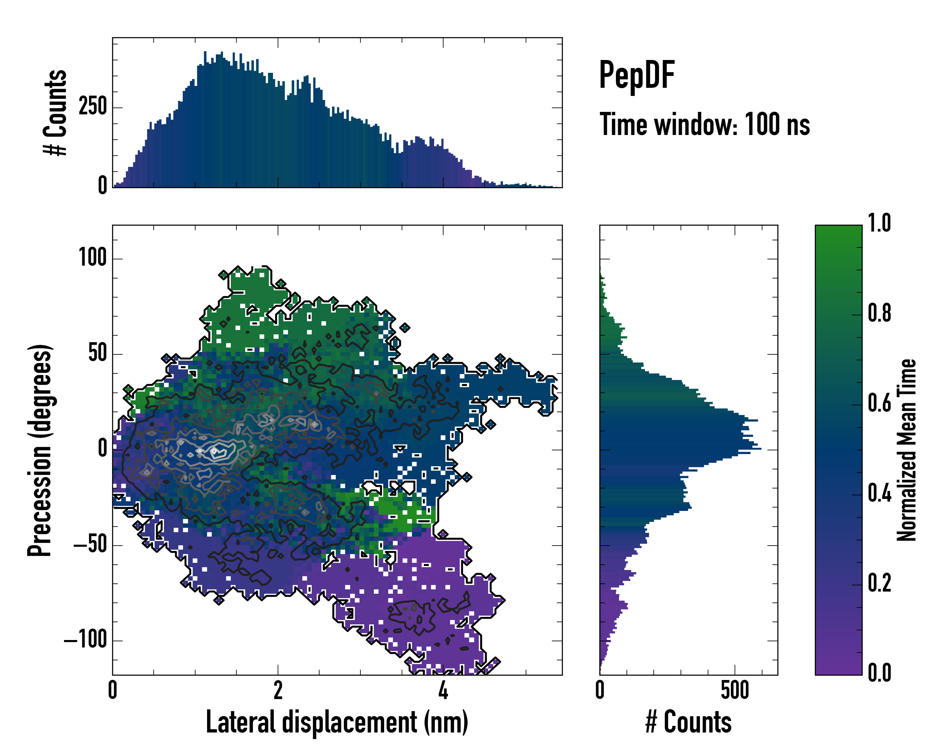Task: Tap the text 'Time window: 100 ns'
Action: coord(705,124)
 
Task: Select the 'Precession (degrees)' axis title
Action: coord(40,450)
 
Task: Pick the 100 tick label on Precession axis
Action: coord(92,257)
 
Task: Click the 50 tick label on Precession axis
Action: coord(97,353)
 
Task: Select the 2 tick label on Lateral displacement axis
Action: coord(278,690)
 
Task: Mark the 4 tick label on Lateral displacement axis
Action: coord(443,690)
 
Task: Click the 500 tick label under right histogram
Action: coord(735,690)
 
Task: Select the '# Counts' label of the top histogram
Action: coord(55,112)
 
